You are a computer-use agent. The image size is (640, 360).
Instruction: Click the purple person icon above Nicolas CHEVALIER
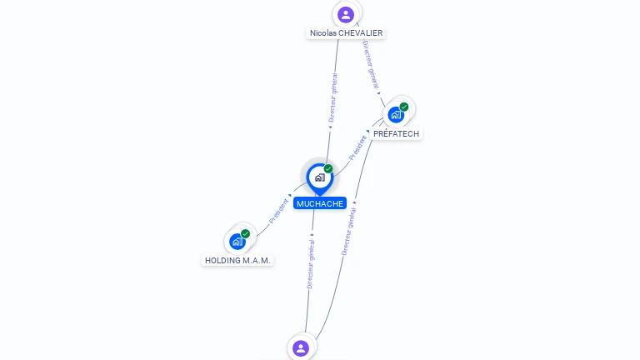[x=346, y=15]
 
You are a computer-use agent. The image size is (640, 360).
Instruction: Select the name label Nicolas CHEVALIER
[x=346, y=33]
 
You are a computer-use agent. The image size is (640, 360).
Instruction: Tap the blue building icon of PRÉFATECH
[x=396, y=115]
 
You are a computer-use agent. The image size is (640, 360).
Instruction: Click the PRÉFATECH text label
[x=396, y=134]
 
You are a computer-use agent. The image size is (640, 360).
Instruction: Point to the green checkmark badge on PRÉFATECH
[x=404, y=107]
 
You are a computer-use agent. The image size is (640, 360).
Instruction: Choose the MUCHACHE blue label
[x=320, y=203]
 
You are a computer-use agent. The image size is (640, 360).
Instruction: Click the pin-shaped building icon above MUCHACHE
[x=320, y=179]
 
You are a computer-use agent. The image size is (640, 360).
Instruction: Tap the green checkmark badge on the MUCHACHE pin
[x=328, y=168]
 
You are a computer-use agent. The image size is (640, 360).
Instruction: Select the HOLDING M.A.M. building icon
[x=237, y=242]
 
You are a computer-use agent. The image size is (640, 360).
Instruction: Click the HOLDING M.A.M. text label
[x=237, y=260]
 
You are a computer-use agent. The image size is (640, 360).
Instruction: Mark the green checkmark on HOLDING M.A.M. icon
[x=245, y=233]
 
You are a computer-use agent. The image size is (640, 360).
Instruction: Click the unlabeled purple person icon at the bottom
[x=301, y=348]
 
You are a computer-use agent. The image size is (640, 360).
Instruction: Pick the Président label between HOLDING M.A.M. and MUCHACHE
[x=278, y=211]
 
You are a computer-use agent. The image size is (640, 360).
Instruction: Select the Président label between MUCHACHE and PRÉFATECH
[x=357, y=147]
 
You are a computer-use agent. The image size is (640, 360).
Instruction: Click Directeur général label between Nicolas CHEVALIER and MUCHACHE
[x=333, y=97]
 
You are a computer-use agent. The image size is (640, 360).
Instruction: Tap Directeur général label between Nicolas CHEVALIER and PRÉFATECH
[x=371, y=65]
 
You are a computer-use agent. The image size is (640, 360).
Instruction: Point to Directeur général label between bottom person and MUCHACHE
[x=311, y=264]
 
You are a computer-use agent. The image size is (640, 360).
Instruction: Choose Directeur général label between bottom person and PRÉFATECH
[x=349, y=232]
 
